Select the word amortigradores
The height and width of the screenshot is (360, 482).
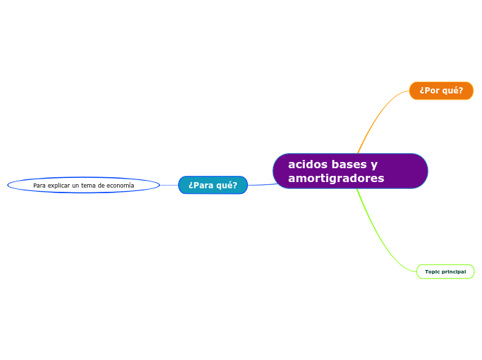336,179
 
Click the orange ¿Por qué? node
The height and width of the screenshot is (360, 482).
441,91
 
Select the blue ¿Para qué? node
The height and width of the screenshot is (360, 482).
213,185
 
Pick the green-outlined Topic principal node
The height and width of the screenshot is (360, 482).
445,271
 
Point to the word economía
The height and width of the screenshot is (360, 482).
118,186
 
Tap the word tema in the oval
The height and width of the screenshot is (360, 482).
90,186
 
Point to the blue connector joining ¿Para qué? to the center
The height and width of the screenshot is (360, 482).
262,184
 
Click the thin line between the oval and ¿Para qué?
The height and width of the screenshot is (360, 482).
169,185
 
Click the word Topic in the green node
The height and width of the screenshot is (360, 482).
432,271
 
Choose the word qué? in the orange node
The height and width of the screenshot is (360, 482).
452,91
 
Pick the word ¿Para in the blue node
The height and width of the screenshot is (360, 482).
200,185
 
